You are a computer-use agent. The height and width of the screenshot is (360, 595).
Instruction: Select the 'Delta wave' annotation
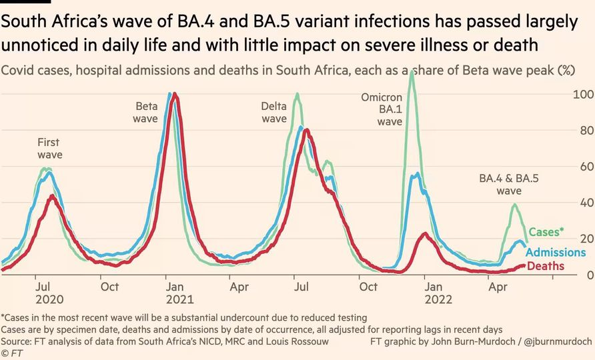pos(273,112)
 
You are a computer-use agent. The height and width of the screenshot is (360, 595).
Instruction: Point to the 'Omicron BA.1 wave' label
pos(382,109)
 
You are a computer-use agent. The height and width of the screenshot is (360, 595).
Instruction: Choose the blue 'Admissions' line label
pos(556,252)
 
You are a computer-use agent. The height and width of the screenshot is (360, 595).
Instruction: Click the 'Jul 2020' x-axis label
pos(44,293)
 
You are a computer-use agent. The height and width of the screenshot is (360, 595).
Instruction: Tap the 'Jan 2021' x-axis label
pos(171,293)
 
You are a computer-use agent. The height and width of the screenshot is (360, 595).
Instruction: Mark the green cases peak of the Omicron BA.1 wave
pos(412,71)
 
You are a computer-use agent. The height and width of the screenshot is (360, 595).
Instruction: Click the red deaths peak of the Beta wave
pos(175,94)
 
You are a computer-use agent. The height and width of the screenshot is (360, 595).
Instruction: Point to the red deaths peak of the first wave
pos(52,196)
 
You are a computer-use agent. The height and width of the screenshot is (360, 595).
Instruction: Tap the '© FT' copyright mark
pos(12,353)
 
